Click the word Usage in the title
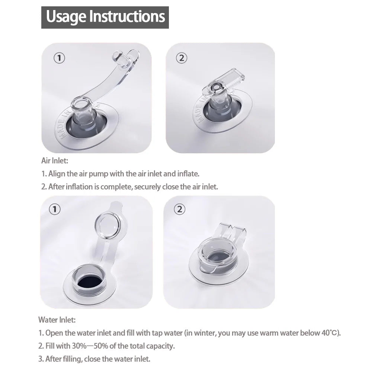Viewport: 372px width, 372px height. (66, 17)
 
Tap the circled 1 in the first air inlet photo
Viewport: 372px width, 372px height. (59, 58)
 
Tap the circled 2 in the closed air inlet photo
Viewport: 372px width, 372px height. (182, 58)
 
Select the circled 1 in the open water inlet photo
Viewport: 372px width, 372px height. (55, 209)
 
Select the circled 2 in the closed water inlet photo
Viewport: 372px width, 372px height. (180, 209)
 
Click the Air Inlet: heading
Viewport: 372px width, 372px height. (55, 161)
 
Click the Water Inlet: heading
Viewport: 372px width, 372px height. (57, 320)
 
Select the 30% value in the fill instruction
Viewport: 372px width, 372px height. (79, 346)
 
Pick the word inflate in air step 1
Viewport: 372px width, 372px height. (188, 174)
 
